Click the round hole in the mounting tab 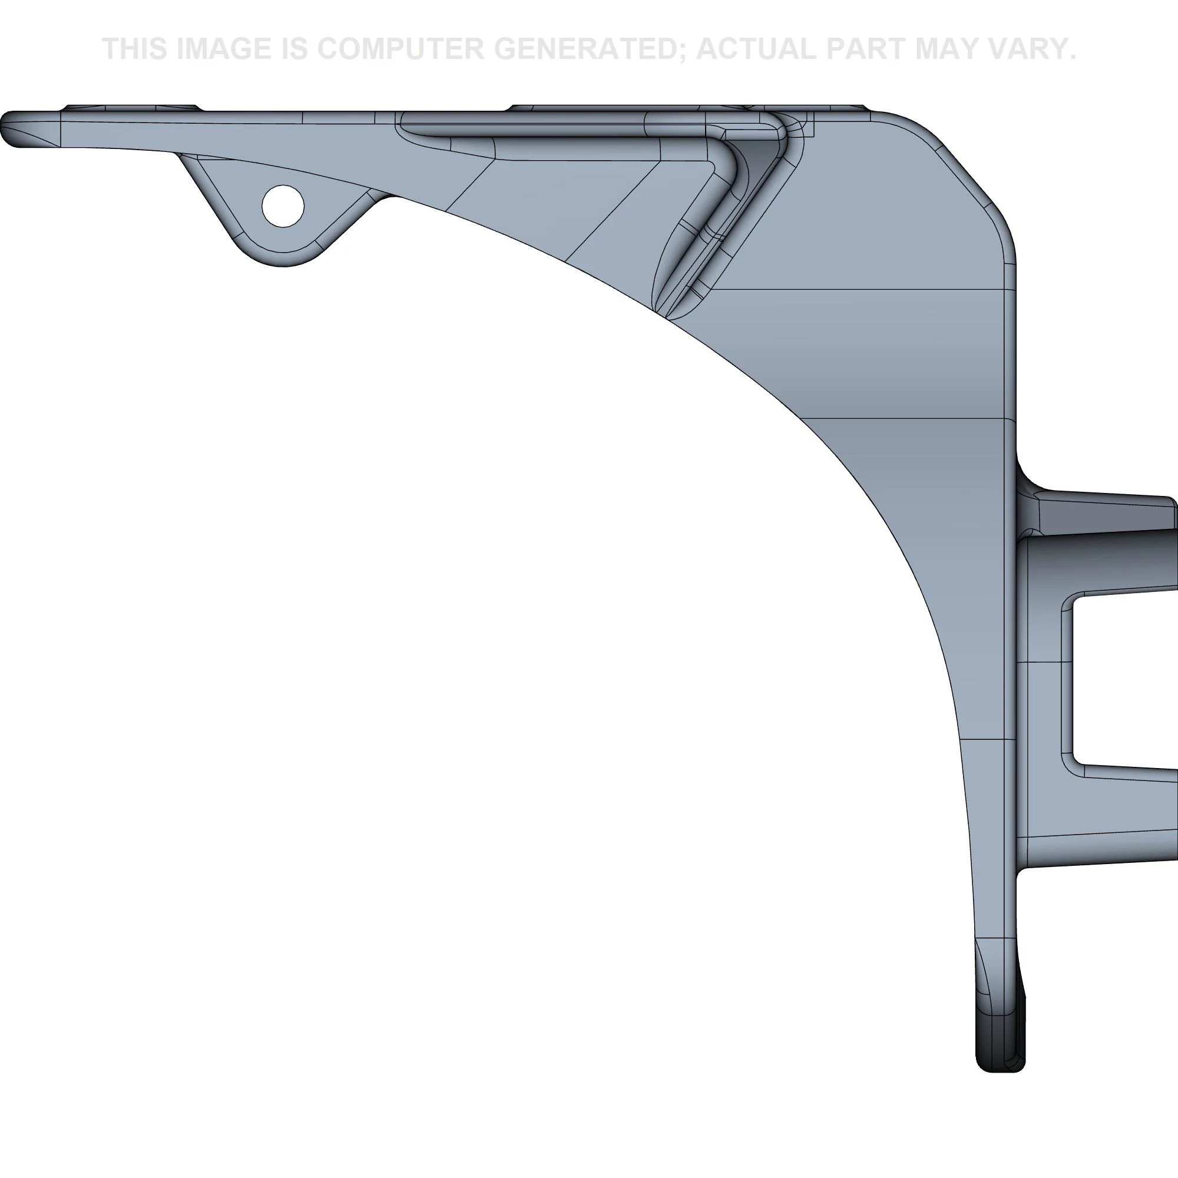click(282, 206)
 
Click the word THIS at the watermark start click(135, 49)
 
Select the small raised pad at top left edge click(131, 108)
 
